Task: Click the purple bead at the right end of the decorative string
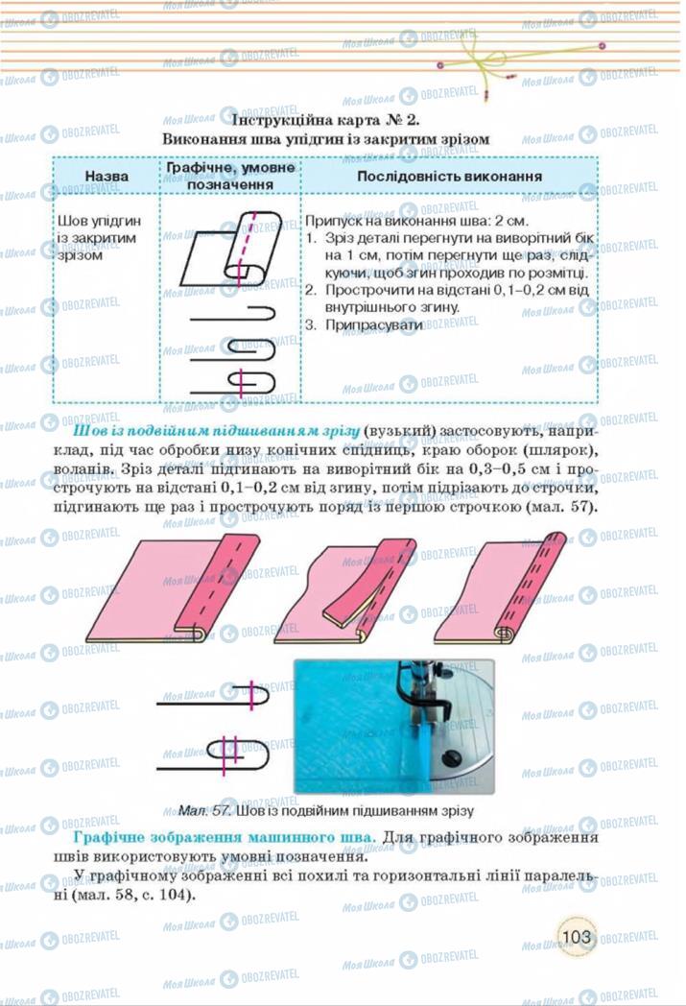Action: pyautogui.click(x=602, y=45)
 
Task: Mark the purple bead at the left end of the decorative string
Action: pyautogui.click(x=439, y=65)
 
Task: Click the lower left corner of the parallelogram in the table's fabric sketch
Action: pyautogui.click(x=180, y=285)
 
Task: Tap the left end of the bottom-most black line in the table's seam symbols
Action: pyautogui.click(x=190, y=392)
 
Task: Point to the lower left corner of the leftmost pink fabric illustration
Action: pyautogui.click(x=86, y=639)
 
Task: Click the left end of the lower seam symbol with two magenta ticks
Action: pyautogui.click(x=157, y=767)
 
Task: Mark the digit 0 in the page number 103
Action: pyautogui.click(x=575, y=937)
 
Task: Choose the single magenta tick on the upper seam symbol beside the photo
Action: pyautogui.click(x=251, y=696)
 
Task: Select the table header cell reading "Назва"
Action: pyautogui.click(x=106, y=176)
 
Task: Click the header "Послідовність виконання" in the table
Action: pyautogui.click(x=449, y=176)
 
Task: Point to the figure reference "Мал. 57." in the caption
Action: pyautogui.click(x=203, y=810)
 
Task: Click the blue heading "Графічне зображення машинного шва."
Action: pyautogui.click(x=225, y=837)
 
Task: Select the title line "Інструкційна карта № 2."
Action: pyautogui.click(x=325, y=120)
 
